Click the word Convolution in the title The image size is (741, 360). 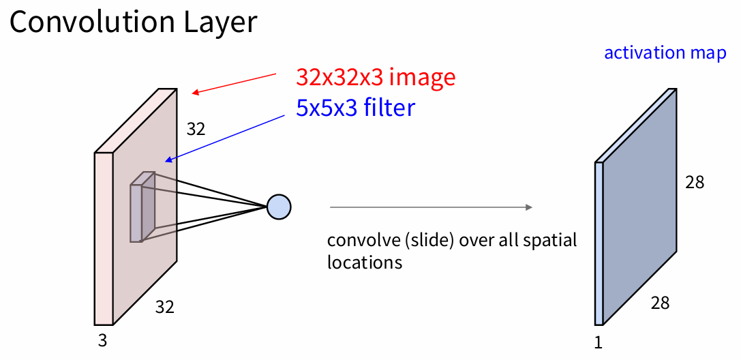(78, 22)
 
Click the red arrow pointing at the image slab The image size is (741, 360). (235, 82)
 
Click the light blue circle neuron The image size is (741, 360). (278, 206)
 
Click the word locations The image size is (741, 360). (365, 262)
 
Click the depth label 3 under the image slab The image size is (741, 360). (102, 340)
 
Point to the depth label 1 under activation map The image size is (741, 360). (599, 342)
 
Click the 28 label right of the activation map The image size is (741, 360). (695, 182)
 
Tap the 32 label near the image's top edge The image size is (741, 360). (196, 129)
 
